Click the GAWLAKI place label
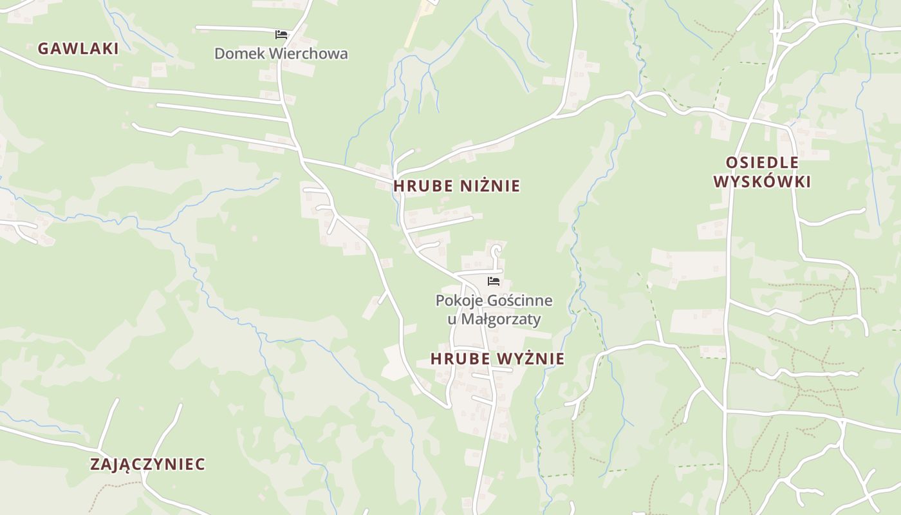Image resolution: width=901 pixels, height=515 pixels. point(78,48)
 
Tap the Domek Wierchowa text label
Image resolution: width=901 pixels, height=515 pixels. point(281,53)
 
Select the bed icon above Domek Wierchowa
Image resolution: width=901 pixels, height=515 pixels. point(281,34)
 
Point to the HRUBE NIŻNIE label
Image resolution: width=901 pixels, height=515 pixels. point(456,186)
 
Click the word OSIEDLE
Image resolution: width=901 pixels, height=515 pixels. point(762,163)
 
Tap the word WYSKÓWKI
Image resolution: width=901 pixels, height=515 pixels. point(762,182)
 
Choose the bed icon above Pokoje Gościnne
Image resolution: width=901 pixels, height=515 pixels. point(494,281)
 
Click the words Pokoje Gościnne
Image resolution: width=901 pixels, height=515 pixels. point(494,301)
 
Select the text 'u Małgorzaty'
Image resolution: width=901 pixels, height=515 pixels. point(494,319)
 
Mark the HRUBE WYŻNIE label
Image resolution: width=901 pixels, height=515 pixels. point(497,359)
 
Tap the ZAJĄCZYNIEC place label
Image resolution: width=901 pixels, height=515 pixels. point(147,464)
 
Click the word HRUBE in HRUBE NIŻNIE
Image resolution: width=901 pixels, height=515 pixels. point(423,186)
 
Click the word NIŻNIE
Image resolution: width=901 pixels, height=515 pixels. point(490,186)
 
